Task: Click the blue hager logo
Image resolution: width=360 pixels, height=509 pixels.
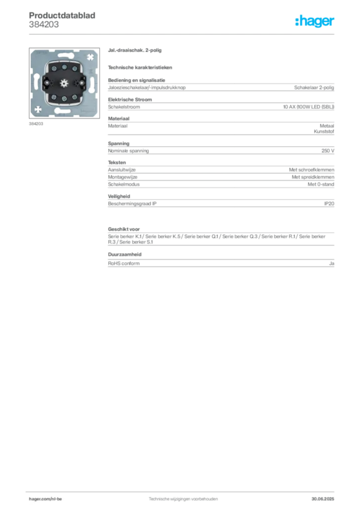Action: (315, 21)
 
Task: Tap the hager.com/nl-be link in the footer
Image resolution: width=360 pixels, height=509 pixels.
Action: (55, 499)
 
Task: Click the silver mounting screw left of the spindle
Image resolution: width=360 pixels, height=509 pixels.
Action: (48, 83)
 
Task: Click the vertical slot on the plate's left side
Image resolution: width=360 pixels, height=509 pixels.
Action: (35, 83)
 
